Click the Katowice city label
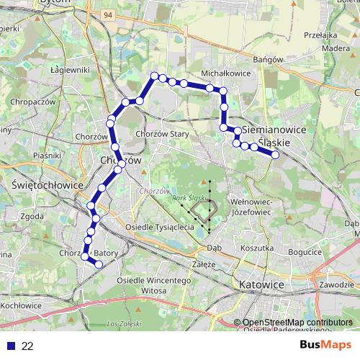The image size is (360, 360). click(x=262, y=284)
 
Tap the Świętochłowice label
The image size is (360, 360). click(x=40, y=184)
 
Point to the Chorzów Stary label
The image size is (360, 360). click(x=161, y=134)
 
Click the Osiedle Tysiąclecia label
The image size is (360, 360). click(x=160, y=227)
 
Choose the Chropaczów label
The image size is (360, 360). click(x=34, y=103)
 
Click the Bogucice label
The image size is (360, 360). click(x=304, y=253)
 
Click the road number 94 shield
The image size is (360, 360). click(x=108, y=14)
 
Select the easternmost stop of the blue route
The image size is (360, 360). click(x=274, y=154)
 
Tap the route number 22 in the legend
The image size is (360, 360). click(x=27, y=346)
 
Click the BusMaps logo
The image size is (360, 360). click(x=325, y=345)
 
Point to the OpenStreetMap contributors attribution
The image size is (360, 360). click(x=293, y=322)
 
